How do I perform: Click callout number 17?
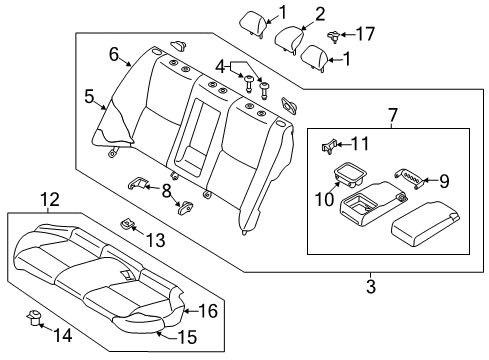(x=366, y=34)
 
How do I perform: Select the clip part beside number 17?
(x=336, y=37)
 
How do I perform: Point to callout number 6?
(x=114, y=54)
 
